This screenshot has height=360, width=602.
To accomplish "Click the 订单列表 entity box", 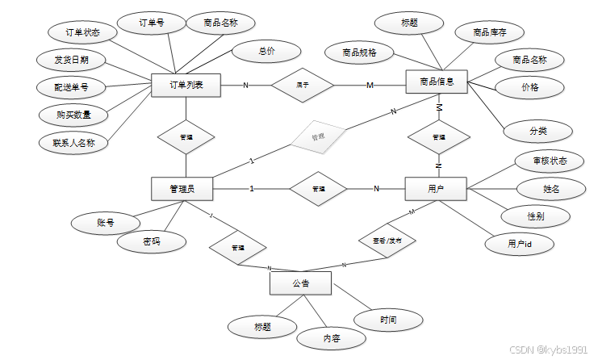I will tap(186, 86).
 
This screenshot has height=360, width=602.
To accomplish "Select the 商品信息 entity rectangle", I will tap(437, 82).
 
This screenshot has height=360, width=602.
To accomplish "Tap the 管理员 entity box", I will tap(182, 189).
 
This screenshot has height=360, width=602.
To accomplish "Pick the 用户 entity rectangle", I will tap(437, 189).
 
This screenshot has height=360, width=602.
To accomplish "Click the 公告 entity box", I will tap(300, 283).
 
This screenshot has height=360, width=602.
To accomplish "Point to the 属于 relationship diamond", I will tap(303, 84).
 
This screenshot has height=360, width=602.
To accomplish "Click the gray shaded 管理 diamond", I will tap(318, 137).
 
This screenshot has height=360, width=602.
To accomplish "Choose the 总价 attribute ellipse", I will tap(266, 51).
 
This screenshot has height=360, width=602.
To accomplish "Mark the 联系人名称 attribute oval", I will tap(73, 142).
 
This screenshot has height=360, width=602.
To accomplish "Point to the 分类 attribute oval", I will tap(538, 130).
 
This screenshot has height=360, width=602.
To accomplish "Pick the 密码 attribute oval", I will tap(152, 241).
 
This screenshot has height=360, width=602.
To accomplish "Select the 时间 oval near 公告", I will tap(388, 320).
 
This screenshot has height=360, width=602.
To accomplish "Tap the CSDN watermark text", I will tap(549, 350).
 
